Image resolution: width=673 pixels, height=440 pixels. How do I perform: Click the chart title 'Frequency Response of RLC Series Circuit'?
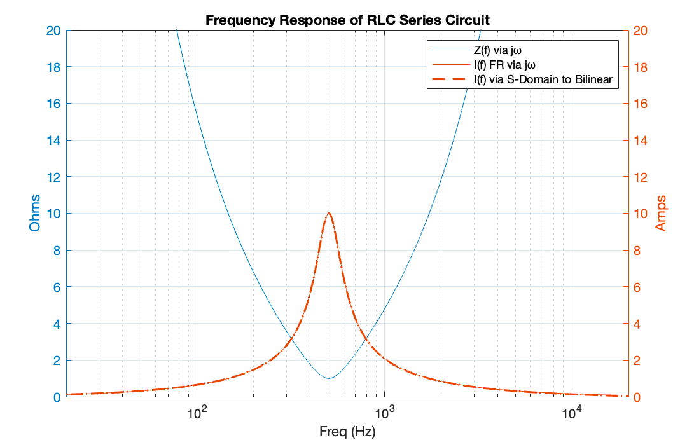pyautogui.click(x=347, y=20)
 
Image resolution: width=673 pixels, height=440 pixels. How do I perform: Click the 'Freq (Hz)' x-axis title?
pyautogui.click(x=347, y=432)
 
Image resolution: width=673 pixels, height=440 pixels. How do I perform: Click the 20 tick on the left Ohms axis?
pyautogui.click(x=55, y=31)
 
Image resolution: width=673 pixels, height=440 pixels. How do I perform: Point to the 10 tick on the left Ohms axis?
pyautogui.click(x=55, y=214)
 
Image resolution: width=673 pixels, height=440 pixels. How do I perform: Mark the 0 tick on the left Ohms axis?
pyautogui.click(x=58, y=397)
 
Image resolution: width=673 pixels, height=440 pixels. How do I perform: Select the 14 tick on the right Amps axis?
pyautogui.click(x=639, y=141)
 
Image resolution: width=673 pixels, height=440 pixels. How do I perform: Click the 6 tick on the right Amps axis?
pyautogui.click(x=637, y=287)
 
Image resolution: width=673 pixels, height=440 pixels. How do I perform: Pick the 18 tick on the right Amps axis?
pyautogui.click(x=639, y=67)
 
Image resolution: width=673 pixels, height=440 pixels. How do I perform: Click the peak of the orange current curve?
pyautogui.click(x=328, y=213)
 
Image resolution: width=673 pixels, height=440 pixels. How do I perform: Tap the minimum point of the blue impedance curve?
pyautogui.click(x=328, y=378)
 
